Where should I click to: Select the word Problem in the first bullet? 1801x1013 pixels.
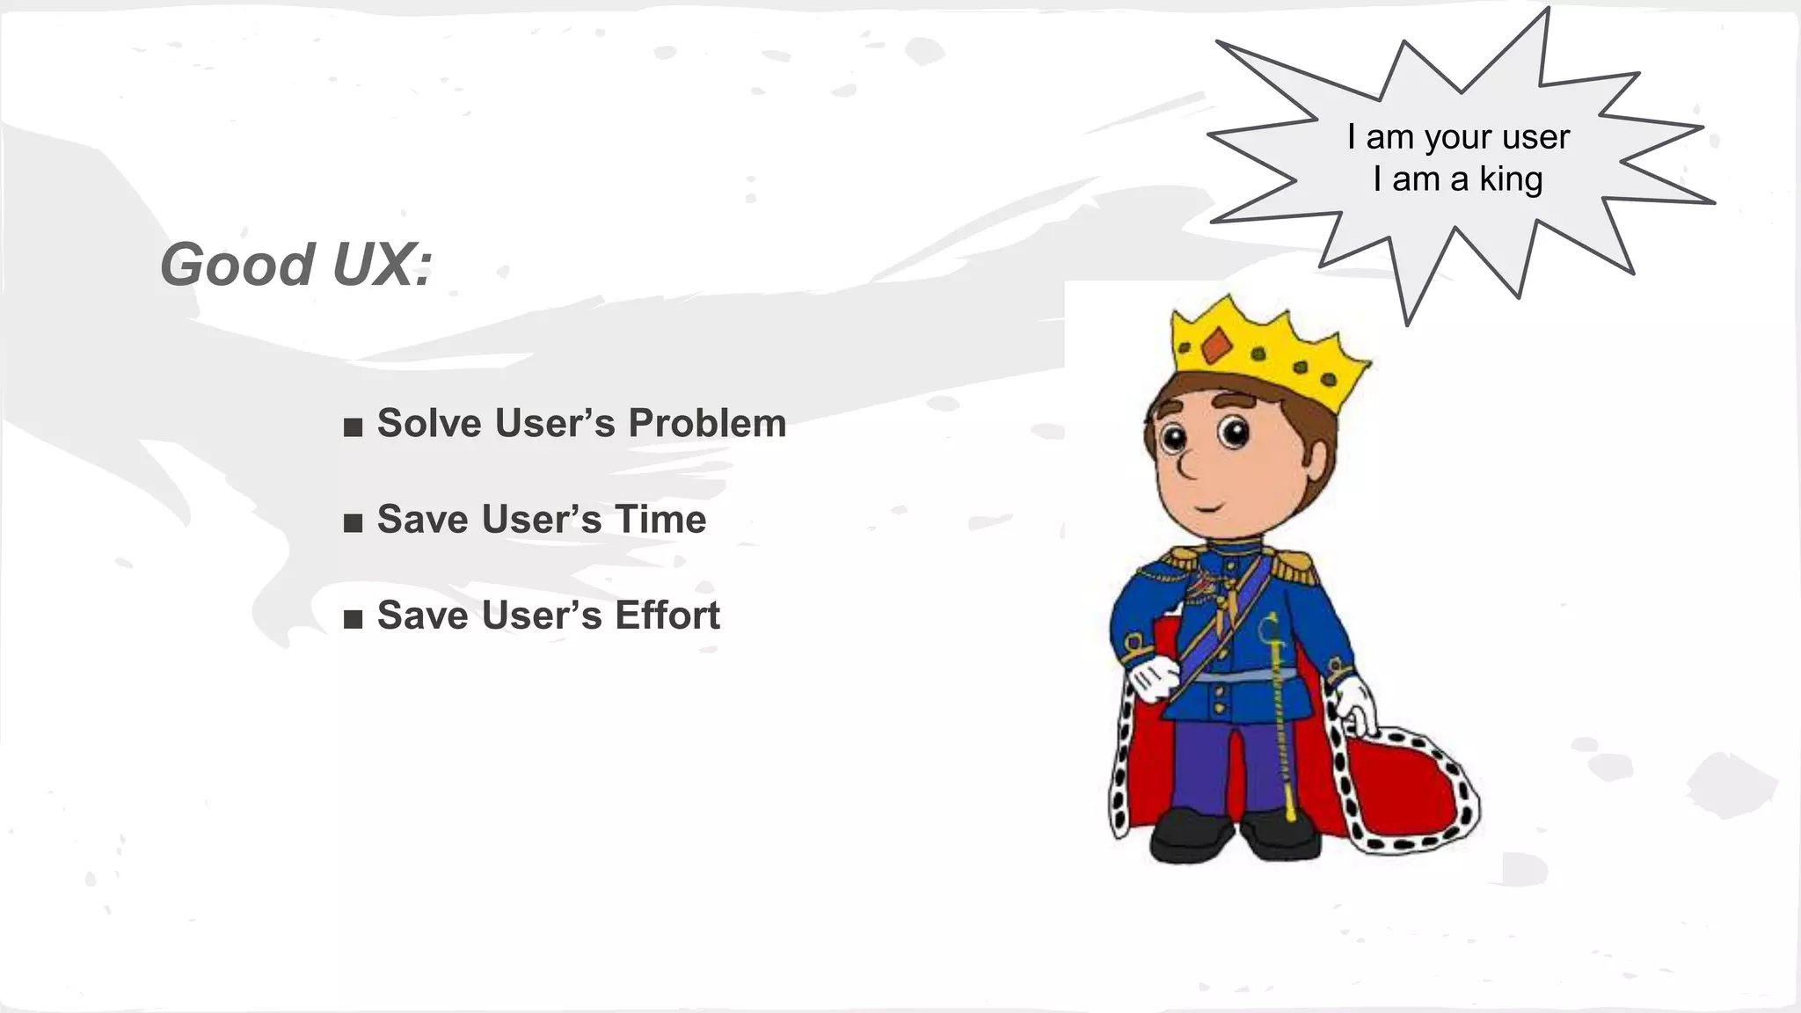(x=707, y=423)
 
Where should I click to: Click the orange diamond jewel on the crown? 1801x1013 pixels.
(x=1216, y=346)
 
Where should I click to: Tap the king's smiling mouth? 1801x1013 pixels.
(x=1207, y=508)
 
